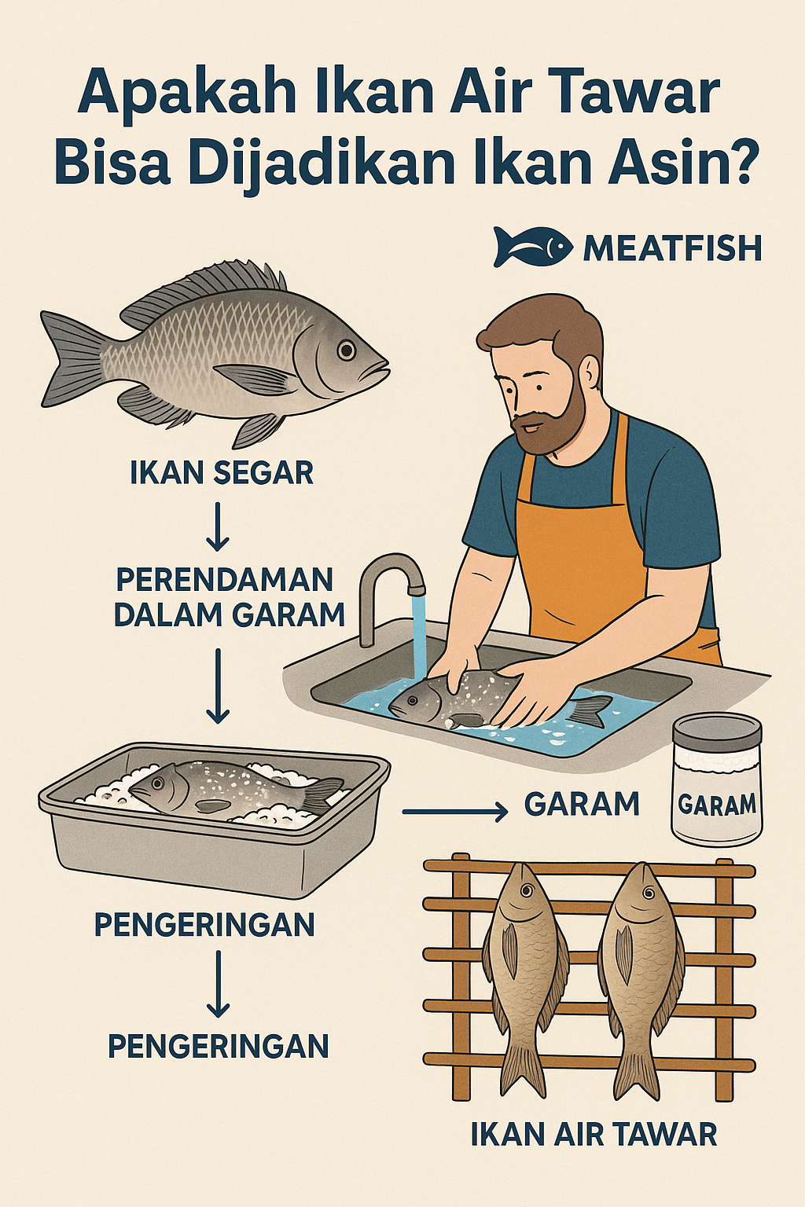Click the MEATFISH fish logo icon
pos(532,247)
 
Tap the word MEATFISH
pos(672,248)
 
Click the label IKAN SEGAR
pos(222,473)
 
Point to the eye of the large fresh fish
pos(347,350)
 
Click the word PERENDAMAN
pos(225,580)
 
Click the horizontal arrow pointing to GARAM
pos(455,810)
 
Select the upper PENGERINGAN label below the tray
pos(204,925)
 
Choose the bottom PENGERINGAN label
pos(218,1047)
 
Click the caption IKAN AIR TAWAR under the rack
pos(594,1135)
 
